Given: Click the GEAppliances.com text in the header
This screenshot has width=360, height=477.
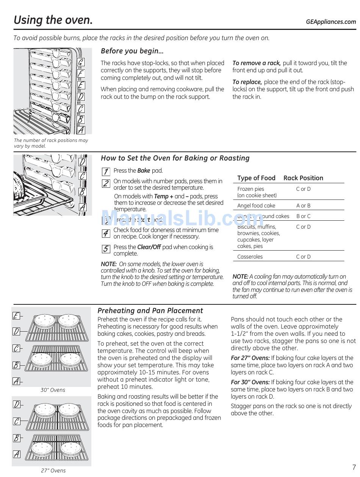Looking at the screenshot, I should pyautogui.click(x=331, y=22).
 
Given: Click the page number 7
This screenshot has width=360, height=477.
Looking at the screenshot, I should pyautogui.click(x=354, y=467).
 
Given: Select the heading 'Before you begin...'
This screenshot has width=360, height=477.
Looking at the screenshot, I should pyautogui.click(x=132, y=51).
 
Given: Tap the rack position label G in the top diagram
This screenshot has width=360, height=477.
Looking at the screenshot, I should pyautogui.click(x=81, y=62).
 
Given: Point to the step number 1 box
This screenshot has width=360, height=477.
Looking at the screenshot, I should pyautogui.click(x=106, y=171).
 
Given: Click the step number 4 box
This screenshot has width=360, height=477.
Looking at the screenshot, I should pyautogui.click(x=106, y=233).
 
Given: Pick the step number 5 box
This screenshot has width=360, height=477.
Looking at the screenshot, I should pyautogui.click(x=106, y=249).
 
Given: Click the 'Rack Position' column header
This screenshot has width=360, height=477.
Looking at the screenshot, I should pyautogui.click(x=303, y=178).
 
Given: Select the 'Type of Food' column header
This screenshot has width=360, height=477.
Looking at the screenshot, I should pyautogui.click(x=256, y=178).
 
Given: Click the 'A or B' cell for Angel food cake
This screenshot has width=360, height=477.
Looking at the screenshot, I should pyautogui.click(x=303, y=206).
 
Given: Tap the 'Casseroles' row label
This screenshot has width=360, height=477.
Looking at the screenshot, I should pyautogui.click(x=250, y=257).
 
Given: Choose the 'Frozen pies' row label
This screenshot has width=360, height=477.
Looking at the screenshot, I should pyautogui.click(x=250, y=189).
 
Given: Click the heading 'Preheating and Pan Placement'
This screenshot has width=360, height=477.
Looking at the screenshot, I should pyautogui.click(x=150, y=310).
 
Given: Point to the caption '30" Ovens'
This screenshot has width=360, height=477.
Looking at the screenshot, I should pyautogui.click(x=53, y=390).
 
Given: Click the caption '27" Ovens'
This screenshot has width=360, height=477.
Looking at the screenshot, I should pyautogui.click(x=53, y=471).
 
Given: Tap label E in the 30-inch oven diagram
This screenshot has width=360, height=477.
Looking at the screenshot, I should pyautogui.click(x=16, y=316).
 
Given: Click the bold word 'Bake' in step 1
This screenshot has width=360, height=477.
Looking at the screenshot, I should pyautogui.click(x=144, y=171).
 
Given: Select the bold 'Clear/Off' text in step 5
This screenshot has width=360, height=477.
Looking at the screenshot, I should pyautogui.click(x=149, y=247).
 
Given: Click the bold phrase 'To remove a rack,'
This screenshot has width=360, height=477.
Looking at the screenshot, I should pyautogui.click(x=256, y=63).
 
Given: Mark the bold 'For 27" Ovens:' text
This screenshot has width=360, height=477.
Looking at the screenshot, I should pyautogui.click(x=250, y=358).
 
